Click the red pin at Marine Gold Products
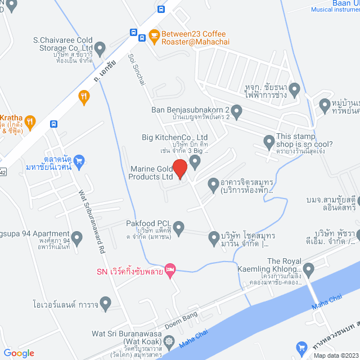(179, 169)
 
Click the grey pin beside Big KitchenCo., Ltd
(195, 162)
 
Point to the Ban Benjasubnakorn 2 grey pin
(236, 112)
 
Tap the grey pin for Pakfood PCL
(178, 228)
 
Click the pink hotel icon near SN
(170, 271)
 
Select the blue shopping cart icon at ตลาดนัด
(79, 161)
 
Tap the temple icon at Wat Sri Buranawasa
(169, 341)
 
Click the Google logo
(19, 353)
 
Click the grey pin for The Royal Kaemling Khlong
(308, 267)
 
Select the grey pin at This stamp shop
(269, 141)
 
